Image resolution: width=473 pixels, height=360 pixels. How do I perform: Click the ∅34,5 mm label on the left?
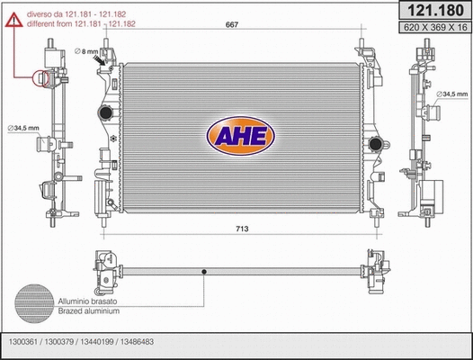click(x=21, y=129)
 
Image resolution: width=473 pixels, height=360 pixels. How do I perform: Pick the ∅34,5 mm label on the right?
click(x=453, y=94)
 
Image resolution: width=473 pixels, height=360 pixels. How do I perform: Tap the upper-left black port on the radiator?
click(x=106, y=114)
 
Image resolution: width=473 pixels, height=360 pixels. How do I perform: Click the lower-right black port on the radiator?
click(x=377, y=146)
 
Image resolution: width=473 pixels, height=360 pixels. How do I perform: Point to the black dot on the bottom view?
click(x=206, y=270)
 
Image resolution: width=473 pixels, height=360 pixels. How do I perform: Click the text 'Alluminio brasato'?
click(x=87, y=301)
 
